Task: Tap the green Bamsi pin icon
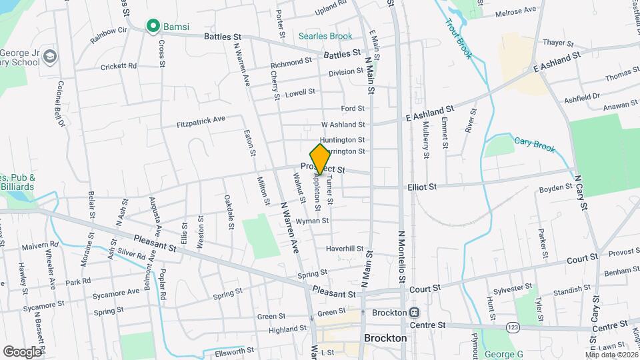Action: [x=153, y=27]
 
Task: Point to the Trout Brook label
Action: [x=461, y=39]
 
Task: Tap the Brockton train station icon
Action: [x=414, y=313]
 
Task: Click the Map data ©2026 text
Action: [x=611, y=354]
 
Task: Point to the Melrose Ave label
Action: [x=519, y=11]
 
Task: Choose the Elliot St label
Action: [x=421, y=187]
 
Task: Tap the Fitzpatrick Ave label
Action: [x=201, y=121]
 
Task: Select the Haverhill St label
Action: [x=344, y=249]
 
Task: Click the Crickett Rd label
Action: [x=119, y=67]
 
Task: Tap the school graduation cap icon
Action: [x=49, y=58]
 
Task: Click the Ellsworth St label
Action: [x=232, y=350]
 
